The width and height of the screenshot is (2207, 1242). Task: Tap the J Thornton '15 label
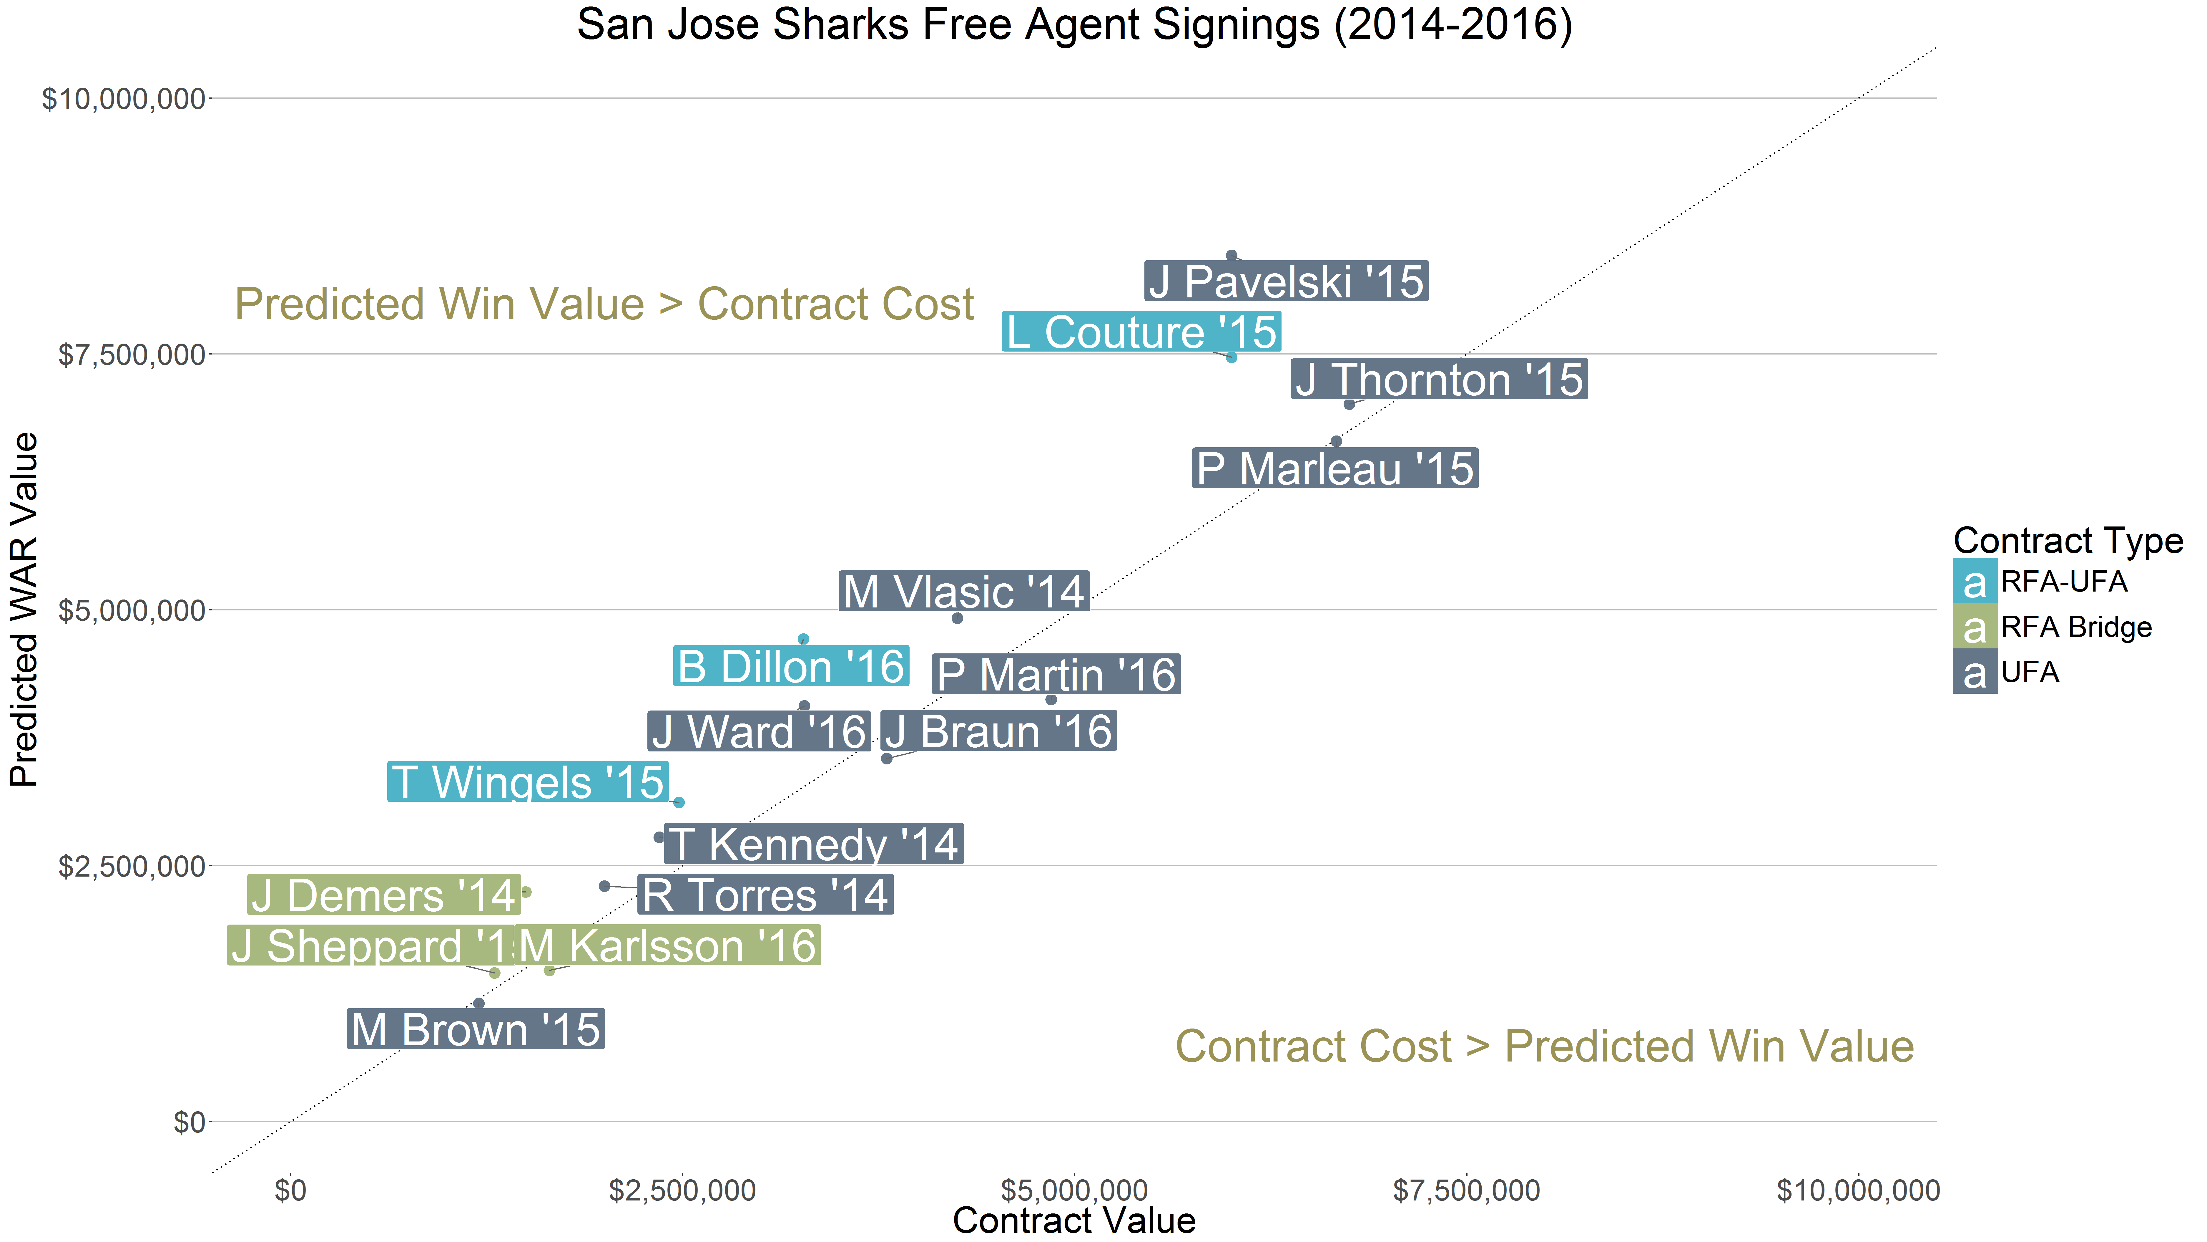click(1438, 379)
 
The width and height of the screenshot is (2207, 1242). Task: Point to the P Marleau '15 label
click(1334, 468)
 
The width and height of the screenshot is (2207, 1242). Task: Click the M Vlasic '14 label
click(963, 592)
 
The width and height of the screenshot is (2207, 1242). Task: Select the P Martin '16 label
click(1056, 675)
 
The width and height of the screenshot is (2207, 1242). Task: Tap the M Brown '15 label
click(476, 1029)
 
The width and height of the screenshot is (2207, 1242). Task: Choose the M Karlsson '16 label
click(667, 945)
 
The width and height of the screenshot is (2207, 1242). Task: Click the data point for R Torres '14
click(604, 885)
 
